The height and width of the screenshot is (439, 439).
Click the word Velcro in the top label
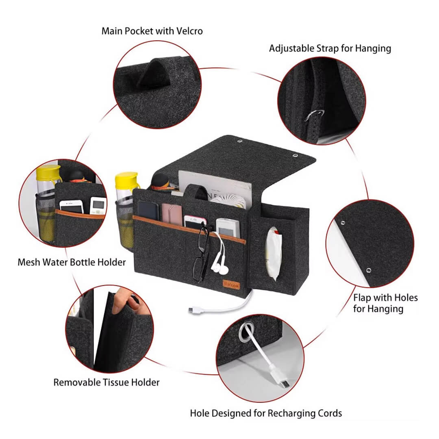[187, 31]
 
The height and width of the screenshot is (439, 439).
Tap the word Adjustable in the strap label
[291, 48]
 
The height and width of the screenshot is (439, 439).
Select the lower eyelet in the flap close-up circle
[368, 269]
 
